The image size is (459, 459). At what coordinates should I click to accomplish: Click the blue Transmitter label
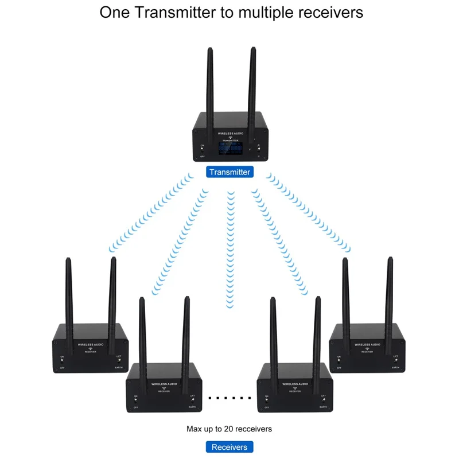pos(229,172)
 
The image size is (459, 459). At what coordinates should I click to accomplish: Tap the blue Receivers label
pos(229,447)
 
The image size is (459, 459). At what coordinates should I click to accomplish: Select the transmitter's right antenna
pos(251,86)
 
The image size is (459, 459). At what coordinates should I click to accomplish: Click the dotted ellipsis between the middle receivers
pos(230,397)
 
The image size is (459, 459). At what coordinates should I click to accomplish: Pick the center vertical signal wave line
pos(231,247)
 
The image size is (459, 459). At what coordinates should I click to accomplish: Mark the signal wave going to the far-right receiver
pos(310,212)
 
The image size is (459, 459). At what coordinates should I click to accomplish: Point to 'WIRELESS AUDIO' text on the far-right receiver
pos(367,345)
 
